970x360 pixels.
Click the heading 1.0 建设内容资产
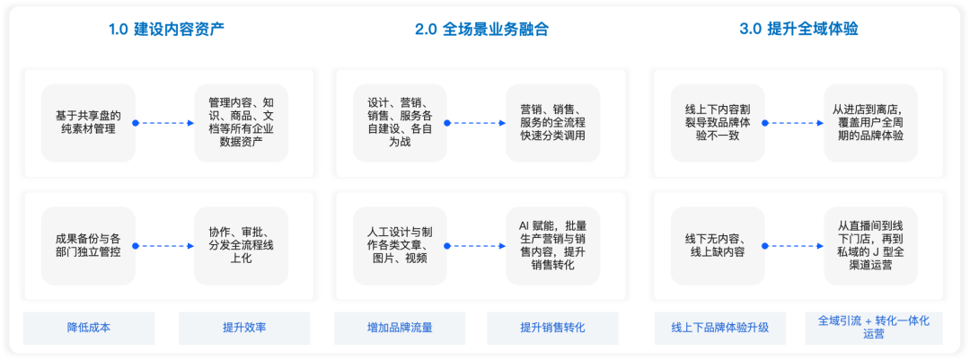(166, 29)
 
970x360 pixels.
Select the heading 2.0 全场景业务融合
(482, 29)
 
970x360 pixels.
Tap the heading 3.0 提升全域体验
(798, 29)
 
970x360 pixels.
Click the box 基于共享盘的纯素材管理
(88, 123)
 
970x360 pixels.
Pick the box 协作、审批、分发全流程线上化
(241, 246)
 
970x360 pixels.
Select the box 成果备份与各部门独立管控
(88, 246)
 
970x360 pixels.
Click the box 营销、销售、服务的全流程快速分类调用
(552, 123)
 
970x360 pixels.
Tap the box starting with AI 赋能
(552, 246)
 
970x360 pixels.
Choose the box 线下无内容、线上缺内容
(719, 246)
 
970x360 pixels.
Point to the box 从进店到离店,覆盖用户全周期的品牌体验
(871, 123)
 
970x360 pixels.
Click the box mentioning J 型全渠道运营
(871, 246)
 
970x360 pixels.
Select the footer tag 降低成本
(89, 328)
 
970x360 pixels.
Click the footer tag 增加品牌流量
(401, 328)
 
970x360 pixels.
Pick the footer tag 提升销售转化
(552, 328)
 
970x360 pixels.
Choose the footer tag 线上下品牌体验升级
(720, 328)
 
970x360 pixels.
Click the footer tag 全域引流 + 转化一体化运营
(874, 328)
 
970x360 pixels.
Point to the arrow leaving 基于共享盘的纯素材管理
(164, 123)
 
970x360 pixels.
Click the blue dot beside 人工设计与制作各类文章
(447, 246)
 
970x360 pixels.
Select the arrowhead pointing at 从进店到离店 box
(821, 123)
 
